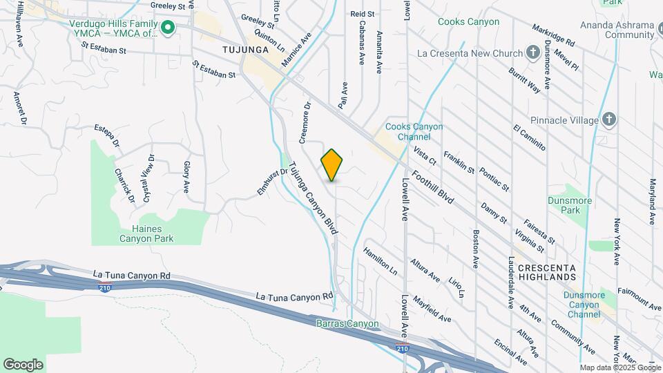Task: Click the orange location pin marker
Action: click(x=332, y=164)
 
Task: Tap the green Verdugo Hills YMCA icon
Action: click(x=167, y=28)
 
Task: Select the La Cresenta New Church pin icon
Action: click(x=532, y=52)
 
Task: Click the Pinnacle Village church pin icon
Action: click(x=608, y=119)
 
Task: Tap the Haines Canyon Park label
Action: click(x=146, y=233)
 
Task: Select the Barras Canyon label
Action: click(x=347, y=323)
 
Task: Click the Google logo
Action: click(x=23, y=364)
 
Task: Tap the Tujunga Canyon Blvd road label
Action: click(x=313, y=198)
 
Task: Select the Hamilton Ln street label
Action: click(x=381, y=262)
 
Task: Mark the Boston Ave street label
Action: click(x=475, y=249)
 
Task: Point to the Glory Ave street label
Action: click(x=186, y=177)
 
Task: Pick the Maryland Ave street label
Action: click(x=652, y=202)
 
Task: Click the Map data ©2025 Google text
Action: click(x=620, y=367)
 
